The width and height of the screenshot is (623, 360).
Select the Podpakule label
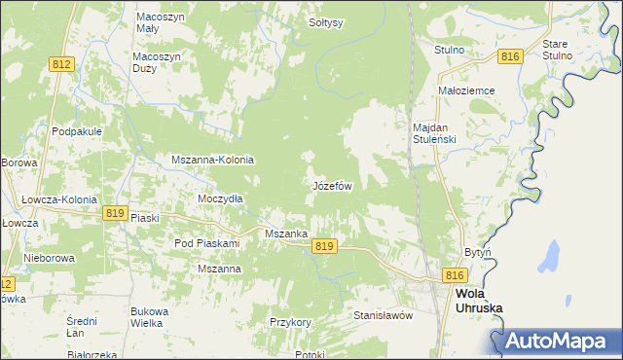coord(78,132)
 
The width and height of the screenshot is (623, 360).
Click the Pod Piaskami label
coord(206,242)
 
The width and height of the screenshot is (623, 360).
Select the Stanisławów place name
coord(384,315)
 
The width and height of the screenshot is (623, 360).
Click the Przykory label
coord(290,321)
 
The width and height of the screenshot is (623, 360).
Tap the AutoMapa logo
coord(558,341)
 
